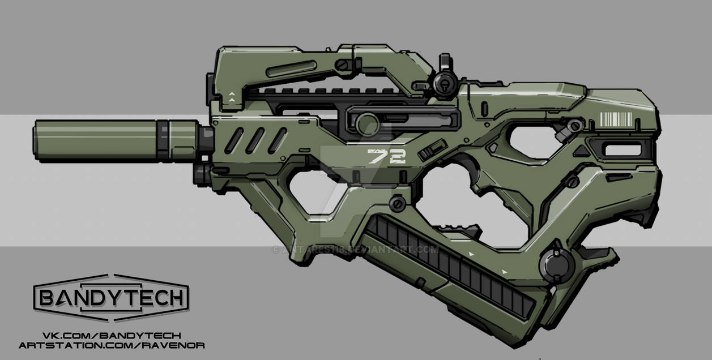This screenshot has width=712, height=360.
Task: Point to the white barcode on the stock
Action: (615, 119)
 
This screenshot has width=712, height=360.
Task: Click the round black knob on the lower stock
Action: (557, 264)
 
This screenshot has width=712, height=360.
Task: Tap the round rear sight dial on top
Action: (446, 83)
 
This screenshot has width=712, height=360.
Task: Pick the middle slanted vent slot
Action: (255, 140)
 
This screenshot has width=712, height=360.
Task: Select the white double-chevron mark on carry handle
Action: (232, 97)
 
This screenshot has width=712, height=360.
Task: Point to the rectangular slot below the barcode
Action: (623, 149)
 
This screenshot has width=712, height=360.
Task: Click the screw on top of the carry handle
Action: (343, 64)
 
